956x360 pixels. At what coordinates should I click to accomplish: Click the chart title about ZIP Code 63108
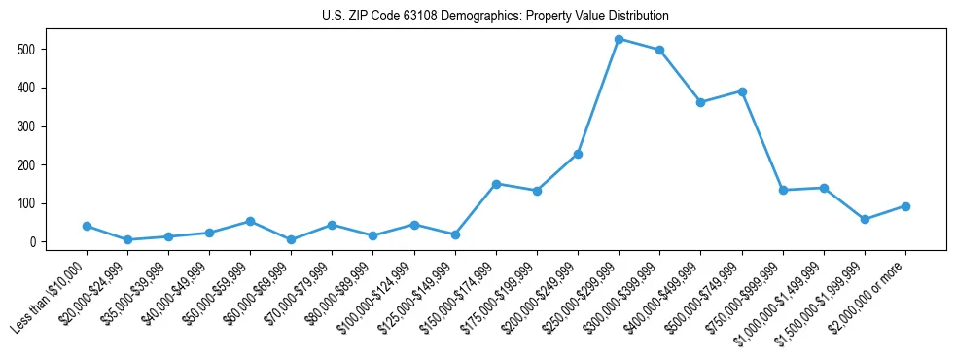point(495,17)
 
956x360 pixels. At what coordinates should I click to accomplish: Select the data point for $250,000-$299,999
point(620,39)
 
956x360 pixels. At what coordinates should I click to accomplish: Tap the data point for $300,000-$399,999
point(660,50)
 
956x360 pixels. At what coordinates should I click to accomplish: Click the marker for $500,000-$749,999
point(742,91)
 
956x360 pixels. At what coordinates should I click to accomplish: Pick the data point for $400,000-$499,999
point(701,102)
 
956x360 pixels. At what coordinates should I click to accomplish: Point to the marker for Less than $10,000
point(87,226)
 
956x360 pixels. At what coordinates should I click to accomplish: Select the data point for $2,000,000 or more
point(905,206)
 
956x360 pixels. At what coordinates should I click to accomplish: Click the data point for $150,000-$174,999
point(496,184)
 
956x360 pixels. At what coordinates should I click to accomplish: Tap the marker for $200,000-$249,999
point(578,154)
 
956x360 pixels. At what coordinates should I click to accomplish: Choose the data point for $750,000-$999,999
point(783,190)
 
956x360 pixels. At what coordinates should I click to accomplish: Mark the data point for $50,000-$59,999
point(251,221)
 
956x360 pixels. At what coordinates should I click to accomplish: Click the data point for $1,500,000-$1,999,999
point(865,219)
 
